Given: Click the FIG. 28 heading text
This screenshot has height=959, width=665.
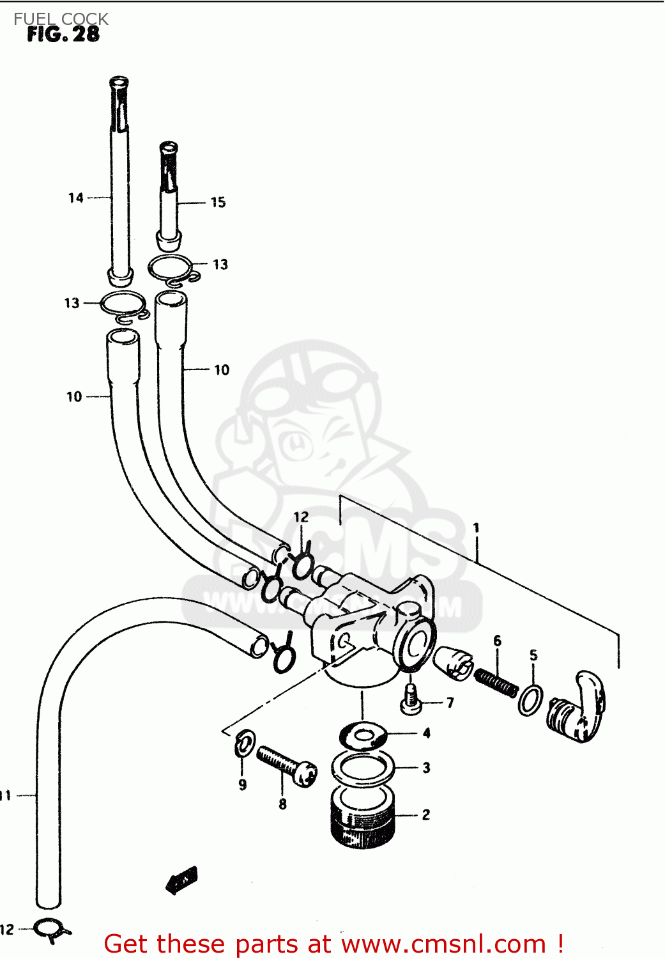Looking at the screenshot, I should click(63, 34).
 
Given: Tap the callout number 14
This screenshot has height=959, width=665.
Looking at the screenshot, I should click(75, 198).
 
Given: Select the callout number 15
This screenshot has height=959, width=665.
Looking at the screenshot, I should click(218, 202).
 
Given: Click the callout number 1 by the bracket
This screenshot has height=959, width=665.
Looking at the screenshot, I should click(476, 527).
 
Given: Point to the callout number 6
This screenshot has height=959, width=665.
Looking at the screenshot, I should click(497, 640).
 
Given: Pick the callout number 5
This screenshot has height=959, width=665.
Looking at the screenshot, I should click(533, 655).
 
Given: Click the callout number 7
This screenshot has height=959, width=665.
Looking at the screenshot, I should click(450, 703).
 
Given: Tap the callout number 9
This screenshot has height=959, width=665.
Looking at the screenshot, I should click(242, 784).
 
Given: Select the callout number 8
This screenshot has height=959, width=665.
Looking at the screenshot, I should click(282, 804).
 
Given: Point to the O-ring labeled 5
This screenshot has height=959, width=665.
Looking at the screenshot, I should click(530, 700).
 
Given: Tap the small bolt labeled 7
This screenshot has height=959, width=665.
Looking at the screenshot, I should click(411, 699).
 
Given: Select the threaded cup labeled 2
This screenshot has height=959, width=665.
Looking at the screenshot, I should click(363, 818).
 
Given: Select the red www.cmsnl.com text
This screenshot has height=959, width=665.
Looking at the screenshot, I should click(443, 944).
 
